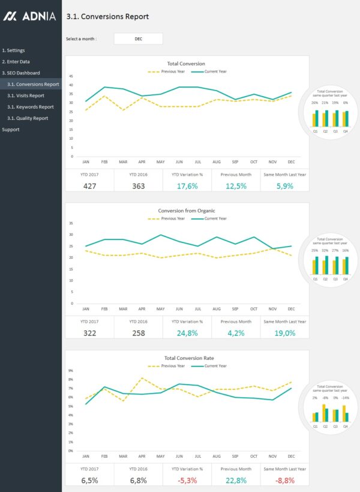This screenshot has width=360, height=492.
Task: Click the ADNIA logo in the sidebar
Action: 29,17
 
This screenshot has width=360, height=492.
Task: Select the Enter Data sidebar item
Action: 16,62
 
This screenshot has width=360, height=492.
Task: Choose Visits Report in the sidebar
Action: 26,95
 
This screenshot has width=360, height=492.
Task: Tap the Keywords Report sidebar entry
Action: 30,107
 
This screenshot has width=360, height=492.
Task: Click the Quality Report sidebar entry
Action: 28,118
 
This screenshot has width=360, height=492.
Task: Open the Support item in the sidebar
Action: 11,130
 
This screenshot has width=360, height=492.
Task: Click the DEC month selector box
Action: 138,39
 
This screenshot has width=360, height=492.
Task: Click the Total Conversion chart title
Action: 186,64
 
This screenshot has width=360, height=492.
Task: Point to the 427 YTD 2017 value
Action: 89,186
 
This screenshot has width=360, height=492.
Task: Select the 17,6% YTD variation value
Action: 187,186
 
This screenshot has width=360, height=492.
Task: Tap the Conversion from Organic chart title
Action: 186,211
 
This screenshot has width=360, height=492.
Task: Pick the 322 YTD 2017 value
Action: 89,333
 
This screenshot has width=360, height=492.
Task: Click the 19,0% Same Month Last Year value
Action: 285,333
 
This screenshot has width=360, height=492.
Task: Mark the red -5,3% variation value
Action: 187,480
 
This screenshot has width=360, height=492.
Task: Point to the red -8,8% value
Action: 285,480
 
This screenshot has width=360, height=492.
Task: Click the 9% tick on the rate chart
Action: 71,371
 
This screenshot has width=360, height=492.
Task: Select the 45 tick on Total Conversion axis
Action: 71,76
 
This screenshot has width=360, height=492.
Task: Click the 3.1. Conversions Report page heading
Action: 107,17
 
